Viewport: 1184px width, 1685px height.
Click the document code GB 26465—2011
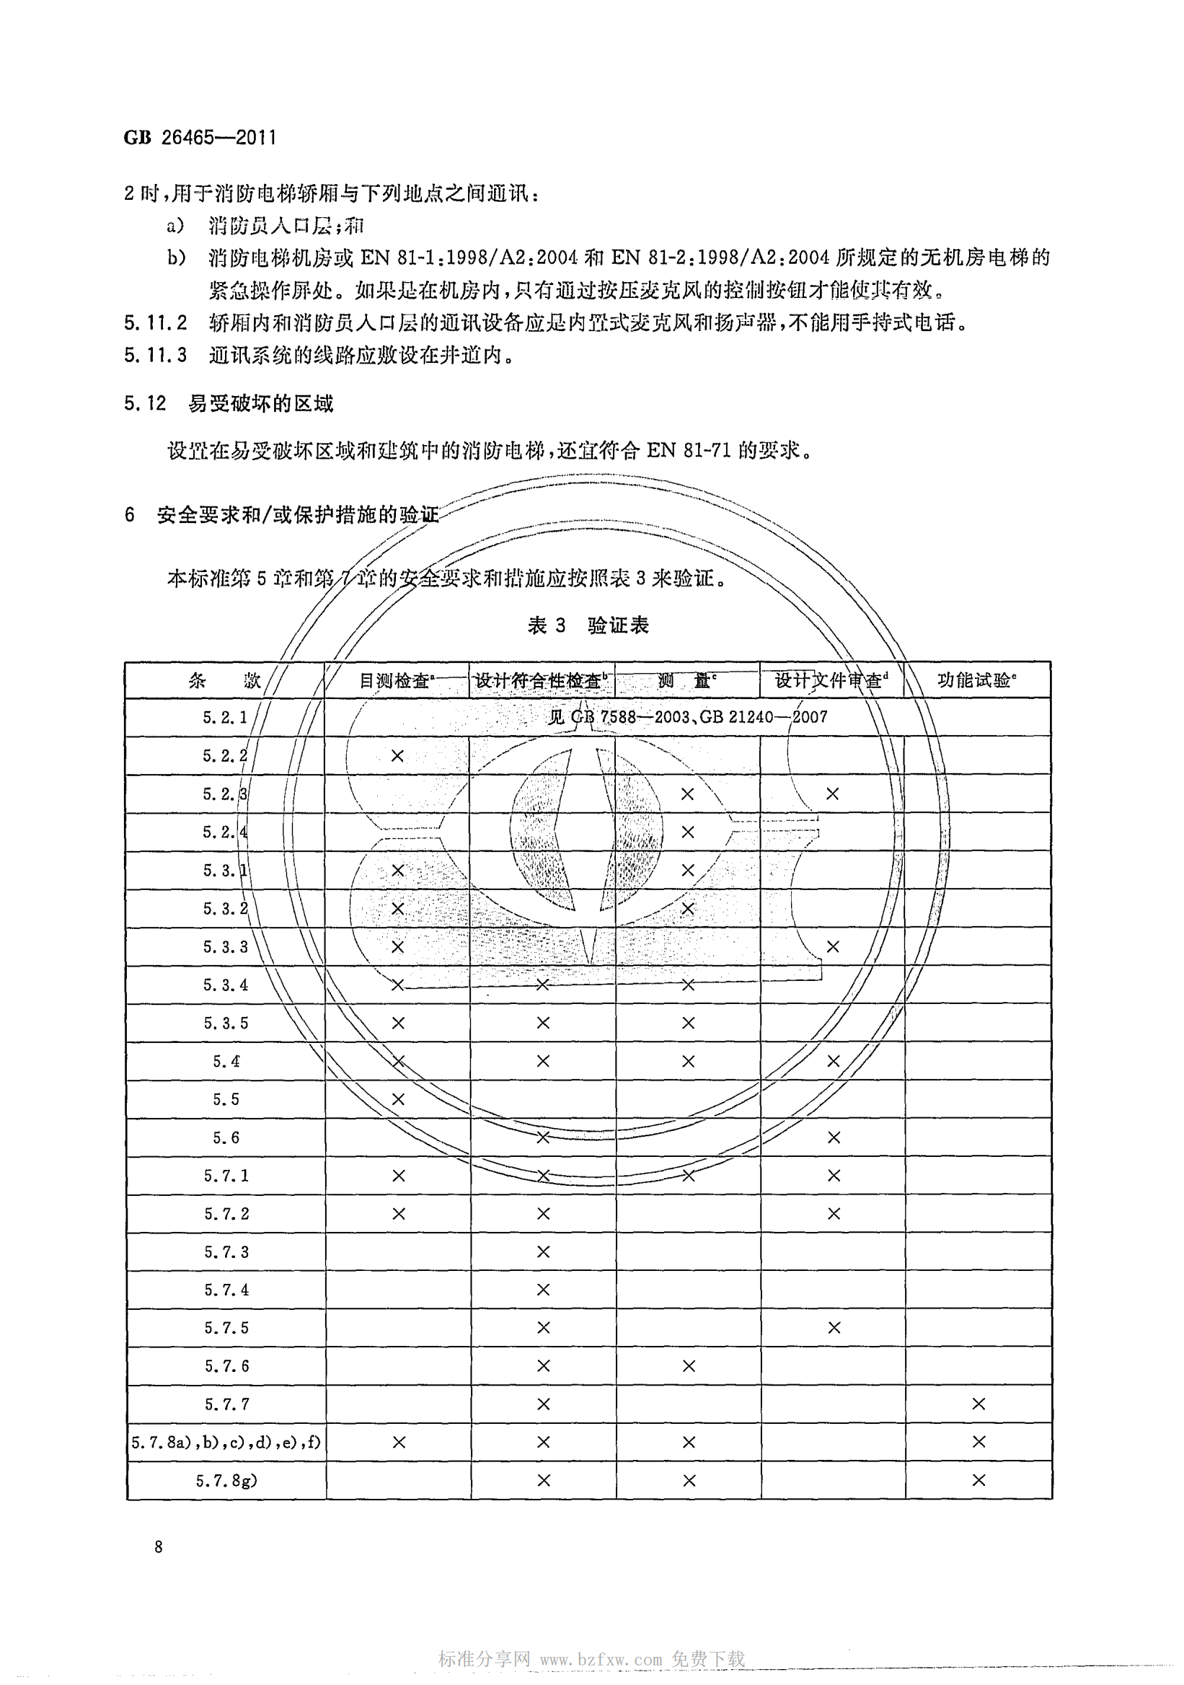pos(200,137)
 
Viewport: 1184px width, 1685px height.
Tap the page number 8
pos(159,1547)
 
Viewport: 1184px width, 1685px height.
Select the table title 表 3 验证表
pos(588,625)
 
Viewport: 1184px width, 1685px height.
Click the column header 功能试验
pos(976,680)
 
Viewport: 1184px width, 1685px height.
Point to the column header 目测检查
pos(396,680)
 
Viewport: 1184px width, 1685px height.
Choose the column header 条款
pos(224,680)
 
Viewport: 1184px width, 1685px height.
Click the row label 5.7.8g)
pos(226,1480)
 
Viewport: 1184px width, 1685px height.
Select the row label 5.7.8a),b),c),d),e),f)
pos(226,1442)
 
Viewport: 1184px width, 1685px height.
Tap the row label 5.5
pos(226,1099)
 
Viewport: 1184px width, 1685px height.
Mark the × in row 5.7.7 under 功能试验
pos(978,1404)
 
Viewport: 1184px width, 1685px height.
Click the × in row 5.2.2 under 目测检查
pos(397,755)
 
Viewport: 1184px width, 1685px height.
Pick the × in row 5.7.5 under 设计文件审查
pos(834,1328)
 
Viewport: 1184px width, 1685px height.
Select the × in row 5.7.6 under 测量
pos(688,1365)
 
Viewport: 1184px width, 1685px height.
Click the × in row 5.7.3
pos(543,1251)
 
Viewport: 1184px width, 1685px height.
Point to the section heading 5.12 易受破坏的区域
pos(228,403)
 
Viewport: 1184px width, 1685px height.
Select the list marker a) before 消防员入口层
pos(175,225)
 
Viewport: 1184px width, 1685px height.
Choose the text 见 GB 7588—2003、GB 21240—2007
pos(688,716)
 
